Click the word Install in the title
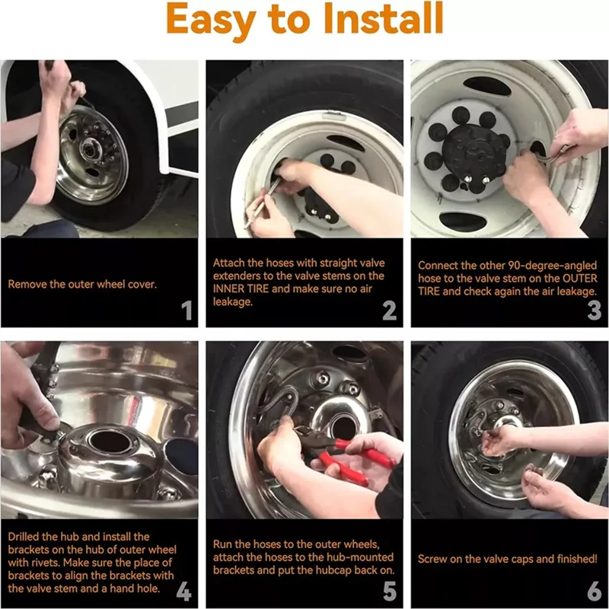tap(384, 18)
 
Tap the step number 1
tap(187, 311)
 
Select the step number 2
tap(390, 311)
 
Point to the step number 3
tap(595, 311)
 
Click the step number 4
tap(183, 591)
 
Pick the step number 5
tap(390, 591)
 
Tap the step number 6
tap(595, 591)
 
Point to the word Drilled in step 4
tap(24, 537)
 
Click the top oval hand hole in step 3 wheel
tap(487, 86)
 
